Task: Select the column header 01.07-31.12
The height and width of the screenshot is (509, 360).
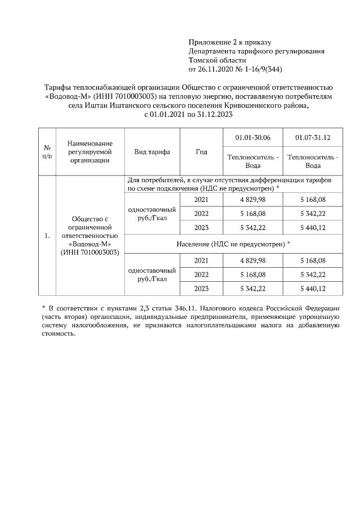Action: click(313, 137)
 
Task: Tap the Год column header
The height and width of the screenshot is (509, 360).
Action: click(201, 152)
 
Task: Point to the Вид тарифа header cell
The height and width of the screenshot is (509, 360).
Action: click(152, 152)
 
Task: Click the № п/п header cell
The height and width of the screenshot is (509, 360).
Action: click(47, 152)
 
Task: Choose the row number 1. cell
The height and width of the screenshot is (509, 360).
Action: click(47, 235)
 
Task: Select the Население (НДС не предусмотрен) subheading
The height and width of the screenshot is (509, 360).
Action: click(233, 244)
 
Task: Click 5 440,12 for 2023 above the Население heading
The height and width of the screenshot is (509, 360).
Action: click(313, 228)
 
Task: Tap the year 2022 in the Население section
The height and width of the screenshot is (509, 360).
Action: click(201, 274)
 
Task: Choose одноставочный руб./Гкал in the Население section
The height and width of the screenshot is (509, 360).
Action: click(152, 274)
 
